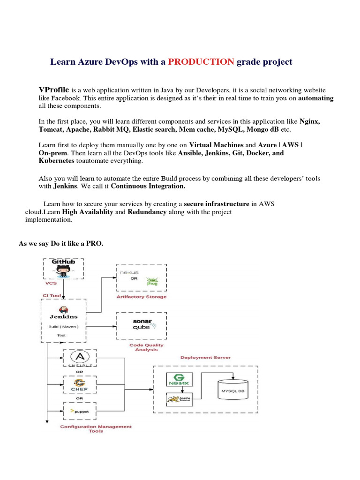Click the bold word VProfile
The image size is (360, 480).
[x=53, y=90]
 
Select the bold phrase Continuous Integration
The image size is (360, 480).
[x=148, y=186]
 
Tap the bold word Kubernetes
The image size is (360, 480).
[x=56, y=160]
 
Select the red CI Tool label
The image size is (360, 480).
[x=52, y=295]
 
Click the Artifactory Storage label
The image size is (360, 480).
[x=141, y=297]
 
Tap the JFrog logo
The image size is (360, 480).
[x=151, y=283]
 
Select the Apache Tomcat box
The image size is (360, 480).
[x=177, y=399]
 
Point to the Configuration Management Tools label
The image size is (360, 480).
[x=96, y=429]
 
